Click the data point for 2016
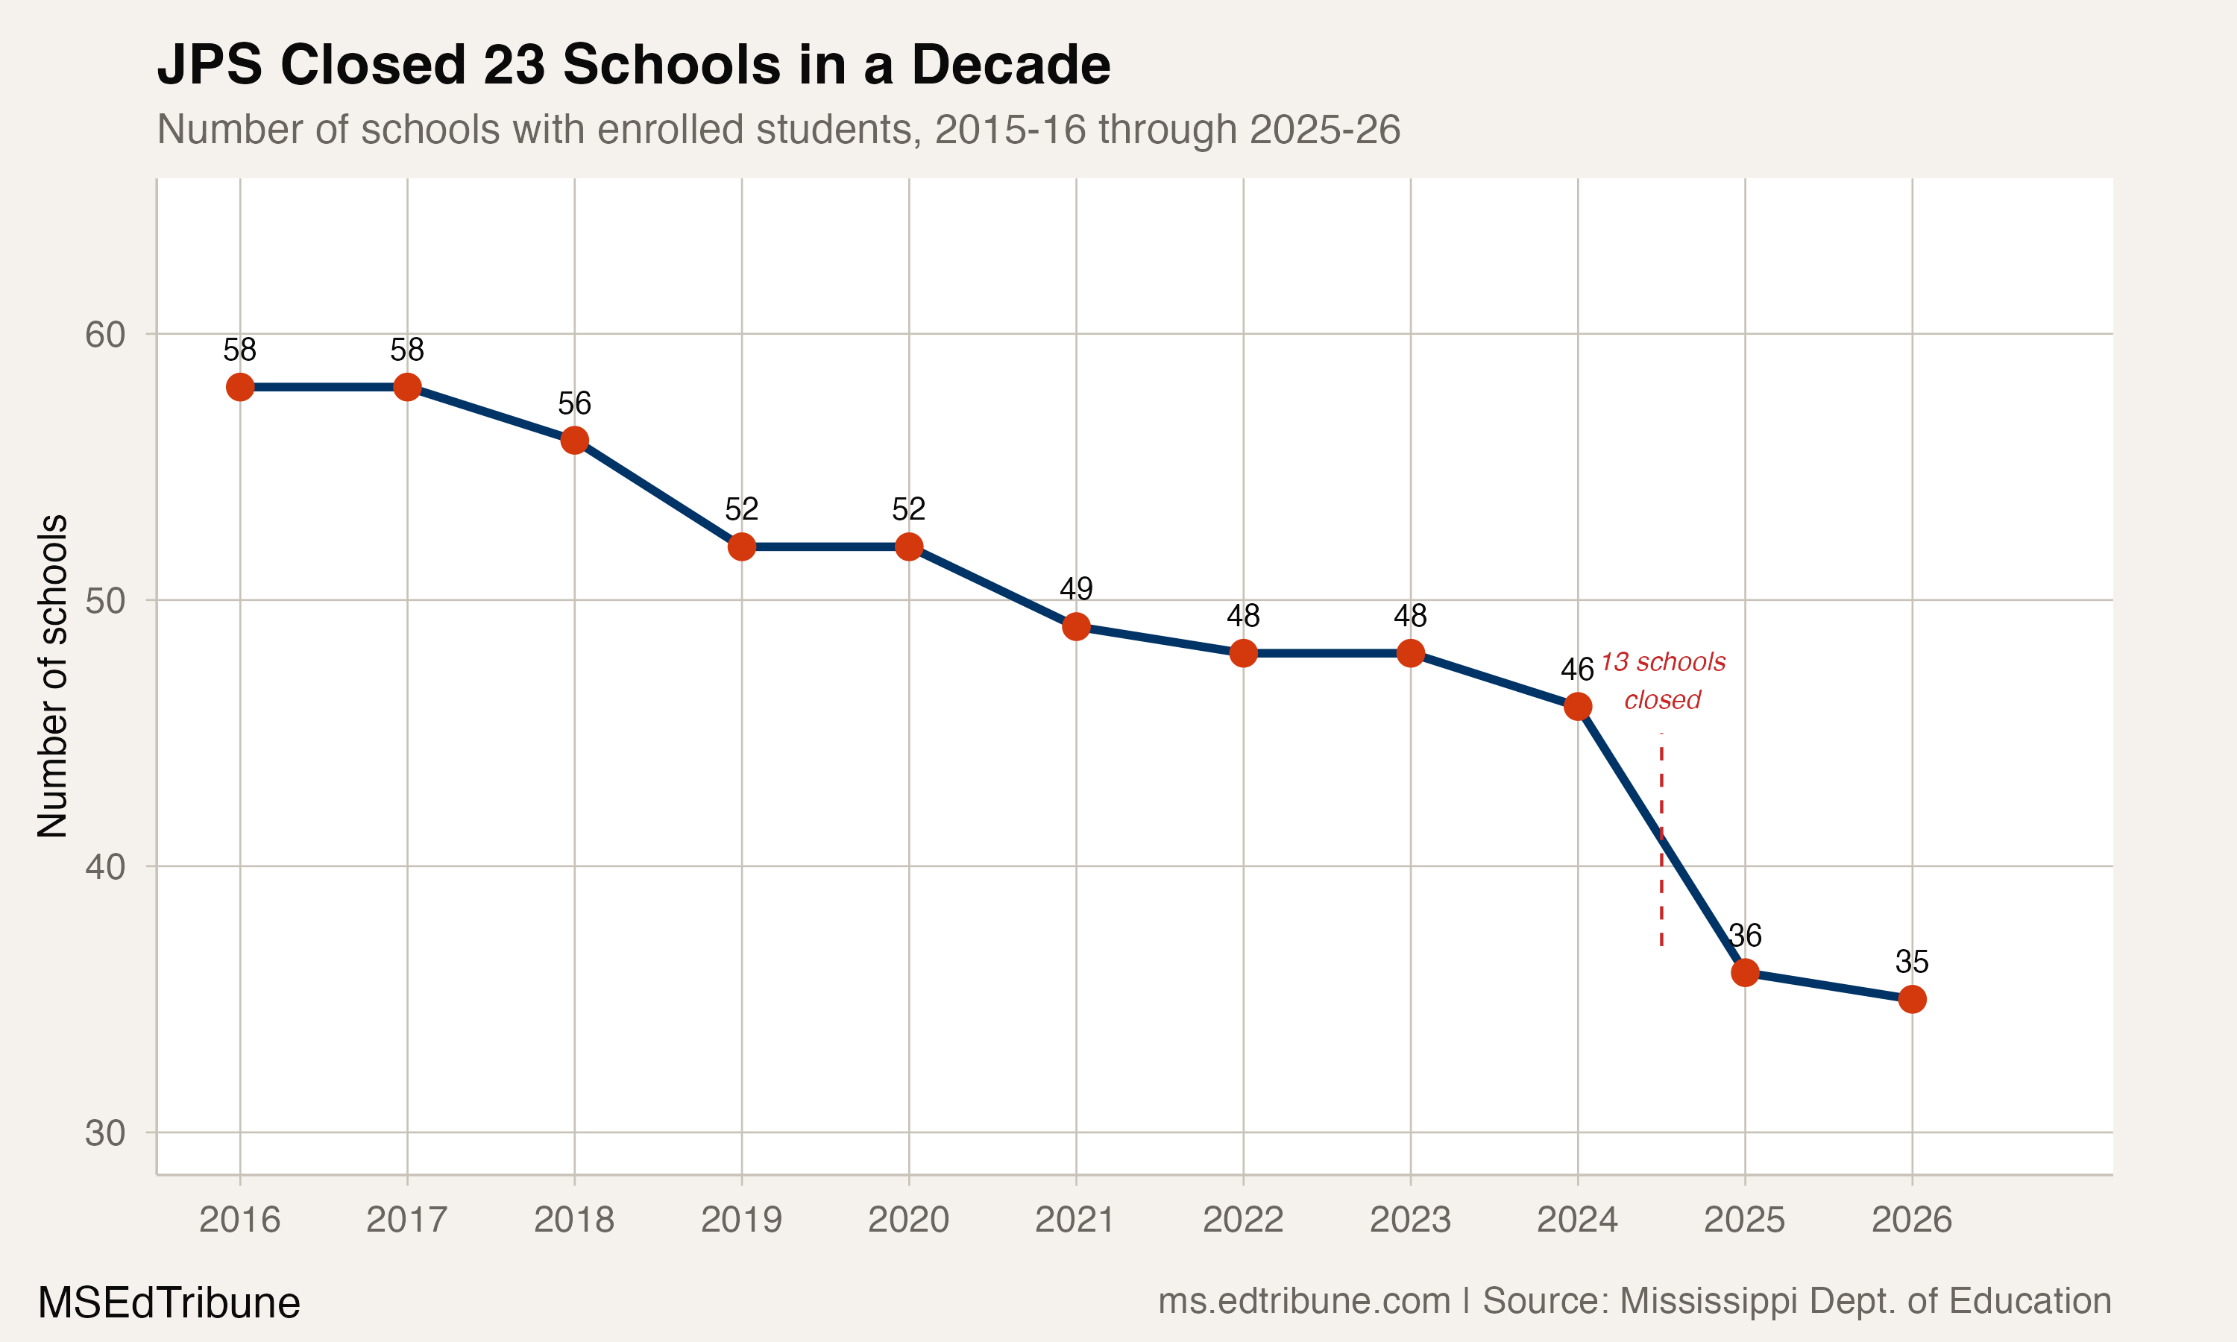point(239,387)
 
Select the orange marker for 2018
point(574,441)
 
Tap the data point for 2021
point(1076,627)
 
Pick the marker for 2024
point(1578,706)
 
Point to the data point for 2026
point(1911,999)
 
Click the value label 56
point(574,403)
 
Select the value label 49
point(1076,590)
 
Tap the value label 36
point(1745,935)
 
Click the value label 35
point(1911,961)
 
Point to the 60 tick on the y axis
point(105,335)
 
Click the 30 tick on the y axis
point(105,1133)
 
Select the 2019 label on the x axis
point(741,1220)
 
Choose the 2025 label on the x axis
point(1744,1220)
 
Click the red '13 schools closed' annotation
point(1662,681)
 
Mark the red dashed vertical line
point(1661,886)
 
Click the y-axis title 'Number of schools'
point(52,675)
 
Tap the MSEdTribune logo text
point(169,1303)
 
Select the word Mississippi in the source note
point(1705,1301)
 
